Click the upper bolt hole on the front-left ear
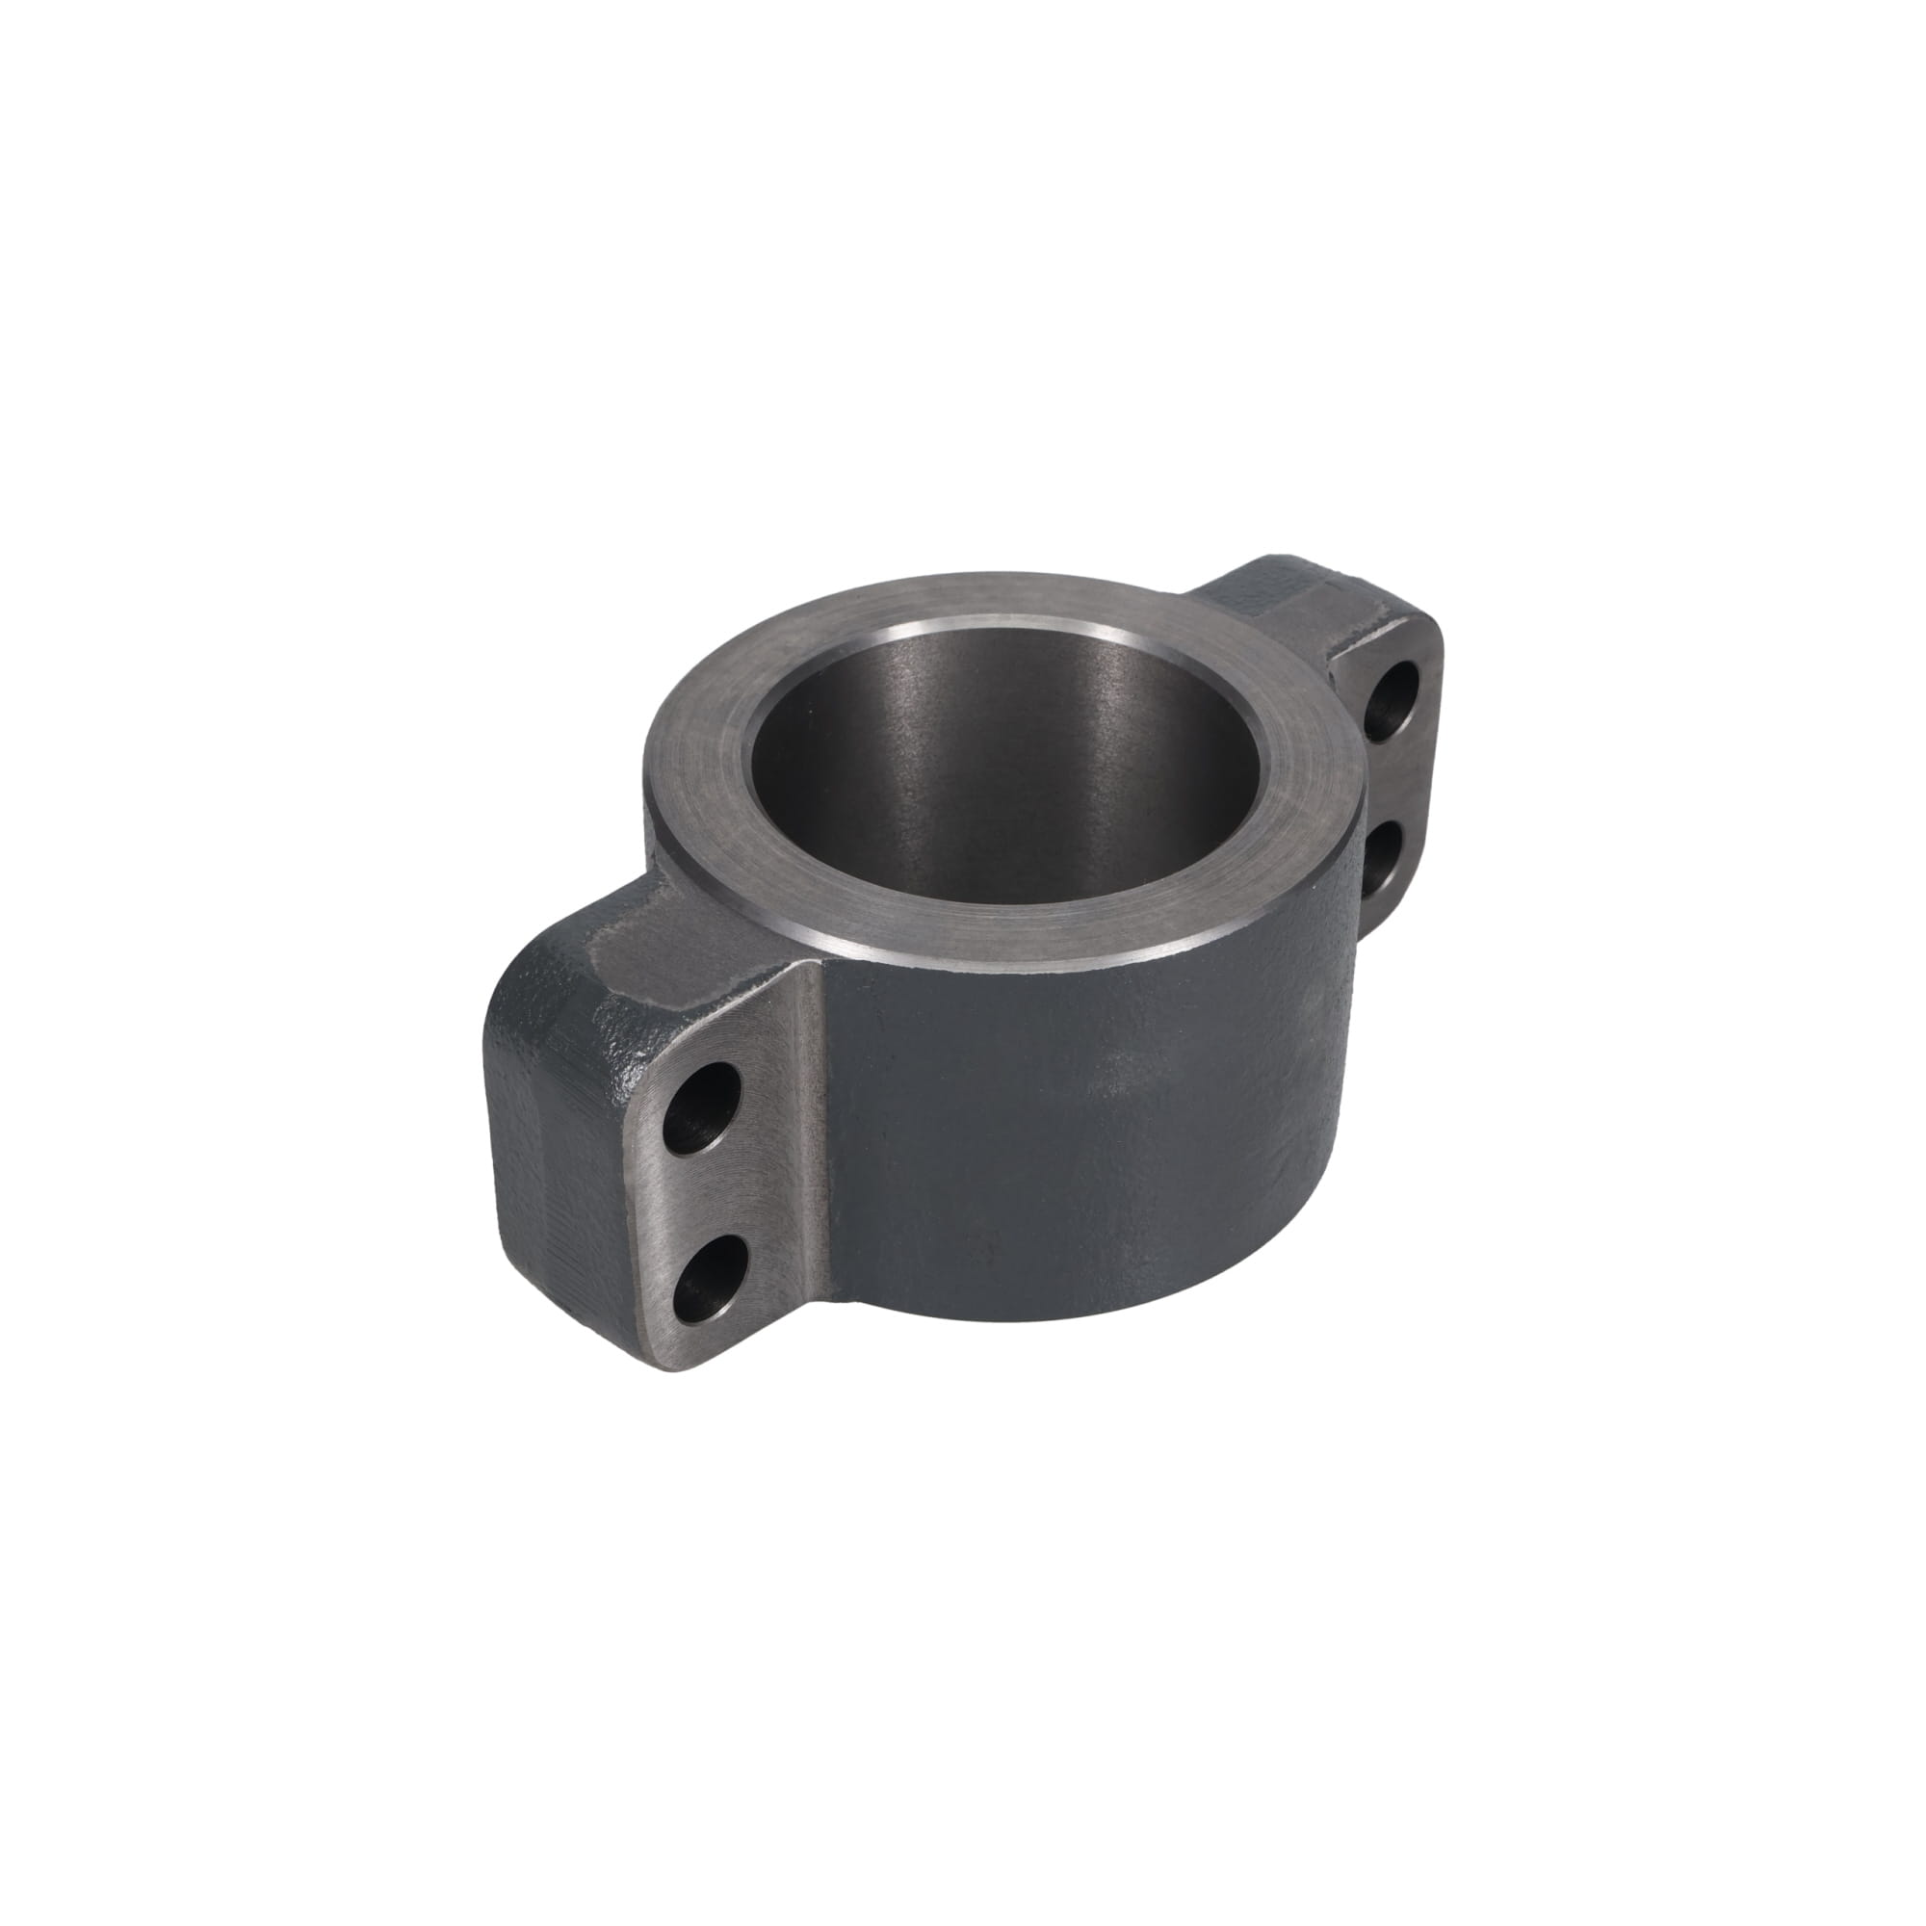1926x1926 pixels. coord(702,1107)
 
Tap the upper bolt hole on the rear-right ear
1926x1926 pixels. coord(1392,701)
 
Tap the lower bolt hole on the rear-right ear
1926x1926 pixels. coord(1383,859)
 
